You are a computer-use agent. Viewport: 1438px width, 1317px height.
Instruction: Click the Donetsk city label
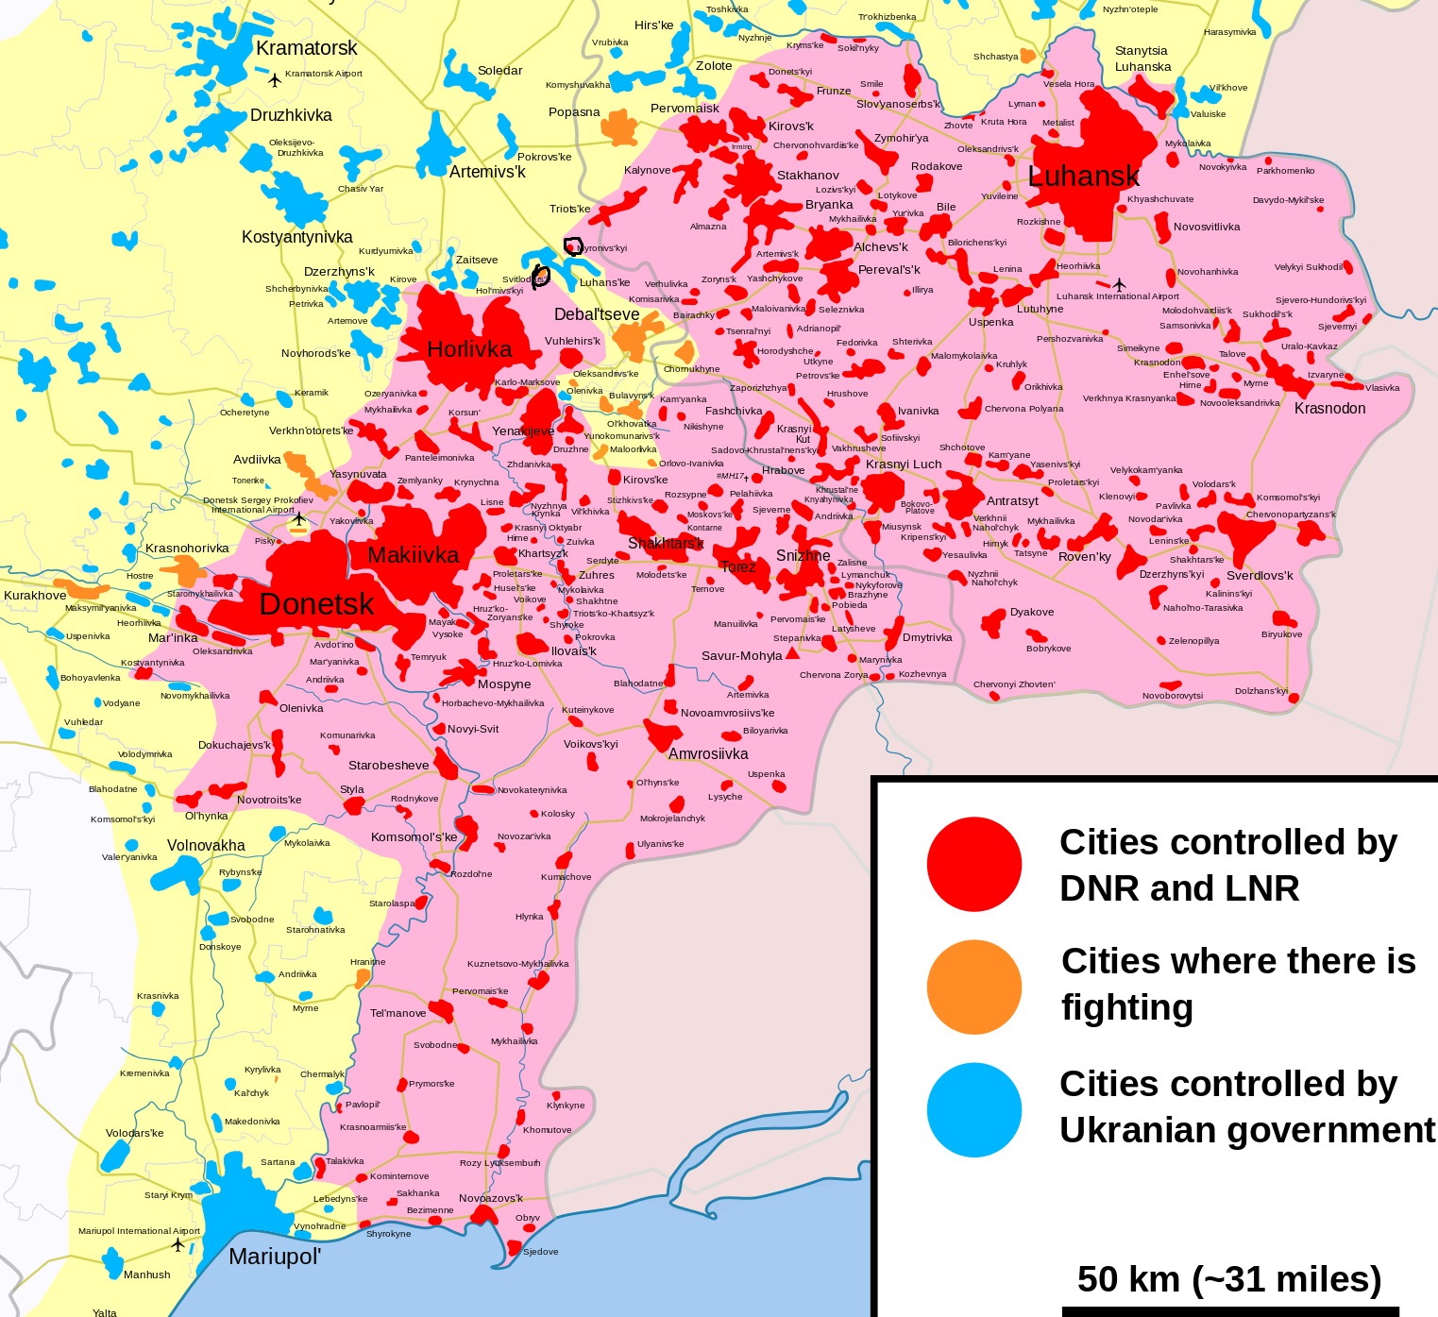(x=316, y=604)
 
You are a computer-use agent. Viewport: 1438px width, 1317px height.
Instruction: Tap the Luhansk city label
(x=1083, y=177)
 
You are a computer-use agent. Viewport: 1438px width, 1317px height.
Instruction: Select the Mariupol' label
(x=275, y=1257)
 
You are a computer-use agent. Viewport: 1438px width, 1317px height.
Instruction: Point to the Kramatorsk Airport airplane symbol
(x=275, y=80)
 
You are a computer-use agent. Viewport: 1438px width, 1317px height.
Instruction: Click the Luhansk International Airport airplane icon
(x=1120, y=284)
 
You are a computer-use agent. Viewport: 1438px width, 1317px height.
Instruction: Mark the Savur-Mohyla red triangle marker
(x=792, y=653)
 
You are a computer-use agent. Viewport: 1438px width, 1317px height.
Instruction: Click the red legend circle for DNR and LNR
(x=973, y=865)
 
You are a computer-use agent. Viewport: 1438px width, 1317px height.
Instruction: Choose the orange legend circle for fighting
(x=973, y=987)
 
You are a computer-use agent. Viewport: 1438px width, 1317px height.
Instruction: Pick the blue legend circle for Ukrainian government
(x=973, y=1109)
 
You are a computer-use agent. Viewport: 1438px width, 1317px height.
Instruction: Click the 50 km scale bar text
(x=1228, y=1279)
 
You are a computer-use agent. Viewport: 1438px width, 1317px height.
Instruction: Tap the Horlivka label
(x=469, y=349)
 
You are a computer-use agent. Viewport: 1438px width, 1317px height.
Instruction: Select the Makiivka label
(x=413, y=555)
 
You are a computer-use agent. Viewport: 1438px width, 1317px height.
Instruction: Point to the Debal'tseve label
(x=597, y=314)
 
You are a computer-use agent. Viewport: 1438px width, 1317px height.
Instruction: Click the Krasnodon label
(x=1329, y=409)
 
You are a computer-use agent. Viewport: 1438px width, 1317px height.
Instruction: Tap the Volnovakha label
(x=206, y=846)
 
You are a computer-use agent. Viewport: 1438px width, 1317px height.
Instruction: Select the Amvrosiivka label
(x=708, y=753)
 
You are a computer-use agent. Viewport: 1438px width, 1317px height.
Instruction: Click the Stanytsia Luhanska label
(x=1142, y=59)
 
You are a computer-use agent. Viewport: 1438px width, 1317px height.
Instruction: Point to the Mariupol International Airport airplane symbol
(x=178, y=1245)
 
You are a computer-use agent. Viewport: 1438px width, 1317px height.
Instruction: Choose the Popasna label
(x=574, y=112)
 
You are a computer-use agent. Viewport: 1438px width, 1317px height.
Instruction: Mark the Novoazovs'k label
(x=491, y=1199)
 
